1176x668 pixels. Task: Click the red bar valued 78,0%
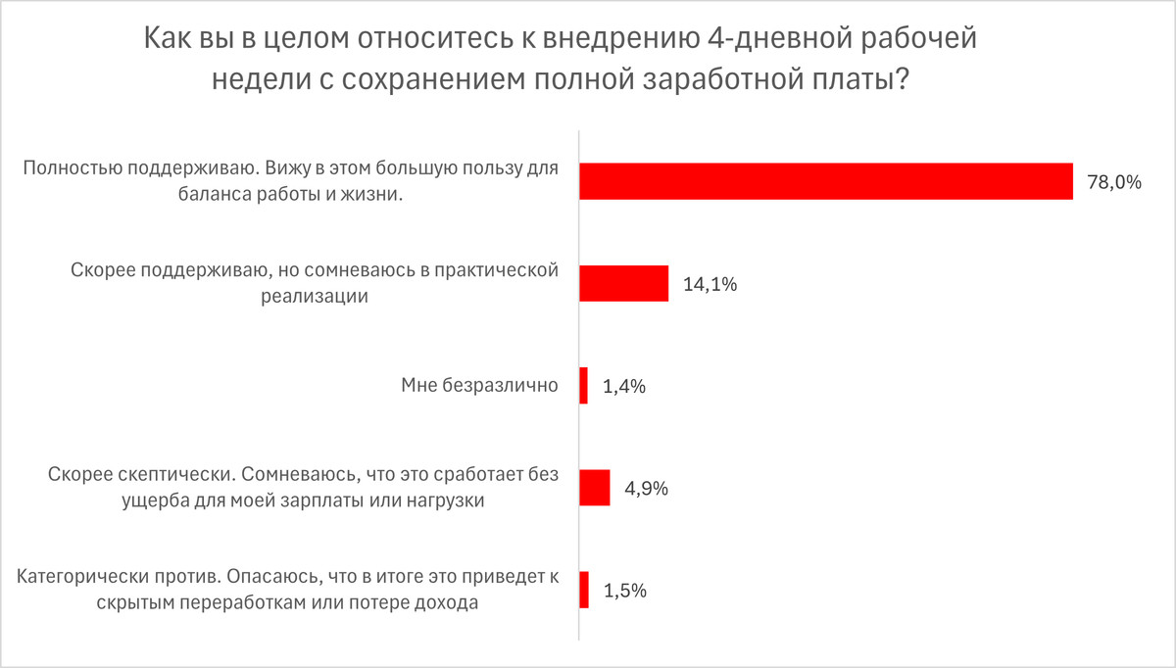826,181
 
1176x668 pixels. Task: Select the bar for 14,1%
624,283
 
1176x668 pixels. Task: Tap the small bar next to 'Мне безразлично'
584,386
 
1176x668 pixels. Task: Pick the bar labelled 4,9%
595,488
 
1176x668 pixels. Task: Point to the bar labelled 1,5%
584,591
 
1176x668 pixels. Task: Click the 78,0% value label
1114,181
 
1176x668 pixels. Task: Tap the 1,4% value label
624,387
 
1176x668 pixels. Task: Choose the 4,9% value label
646,489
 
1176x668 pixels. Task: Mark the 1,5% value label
624,592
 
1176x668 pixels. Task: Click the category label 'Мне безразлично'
479,386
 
